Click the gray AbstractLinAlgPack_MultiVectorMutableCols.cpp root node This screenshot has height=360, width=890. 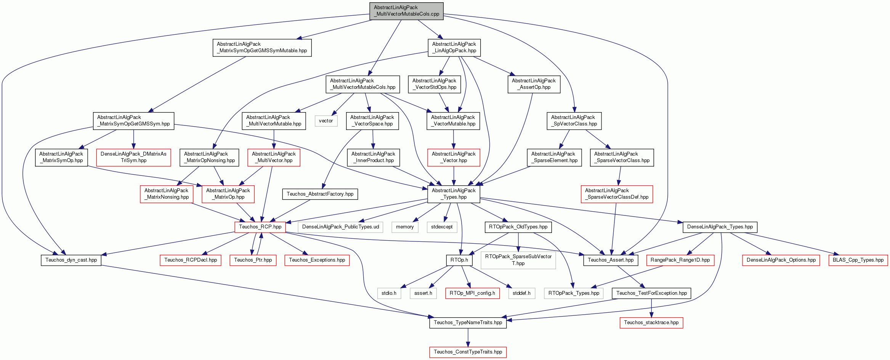pos(406,11)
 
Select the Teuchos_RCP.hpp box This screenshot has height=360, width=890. pos(260,227)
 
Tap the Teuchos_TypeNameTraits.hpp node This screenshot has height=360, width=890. pos(468,323)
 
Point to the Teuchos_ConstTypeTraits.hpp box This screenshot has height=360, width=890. pos(468,352)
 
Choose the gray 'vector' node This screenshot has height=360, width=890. pos(326,121)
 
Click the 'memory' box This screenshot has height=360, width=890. pos(405,227)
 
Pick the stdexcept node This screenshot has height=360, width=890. pos(442,227)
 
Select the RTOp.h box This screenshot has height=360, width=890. pos(459,260)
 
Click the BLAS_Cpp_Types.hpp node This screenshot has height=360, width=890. pos(858,260)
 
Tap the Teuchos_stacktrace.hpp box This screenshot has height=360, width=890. pos(651,323)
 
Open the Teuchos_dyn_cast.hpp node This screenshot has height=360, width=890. pos(71,260)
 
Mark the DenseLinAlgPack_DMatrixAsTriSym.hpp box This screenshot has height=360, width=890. pos(133,157)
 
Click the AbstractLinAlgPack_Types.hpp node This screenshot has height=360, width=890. pos(454,194)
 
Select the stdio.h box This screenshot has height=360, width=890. pos(389,293)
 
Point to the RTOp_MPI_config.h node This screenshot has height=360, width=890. pos(472,293)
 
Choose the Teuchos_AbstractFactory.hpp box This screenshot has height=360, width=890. pos(320,194)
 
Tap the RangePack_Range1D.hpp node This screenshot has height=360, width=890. pos(680,260)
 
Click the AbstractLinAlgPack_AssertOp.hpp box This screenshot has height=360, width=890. pos(534,84)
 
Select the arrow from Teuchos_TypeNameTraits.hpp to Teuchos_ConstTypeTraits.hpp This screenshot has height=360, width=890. pos(468,337)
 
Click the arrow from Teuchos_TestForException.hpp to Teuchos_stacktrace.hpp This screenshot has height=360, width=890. pos(651,308)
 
